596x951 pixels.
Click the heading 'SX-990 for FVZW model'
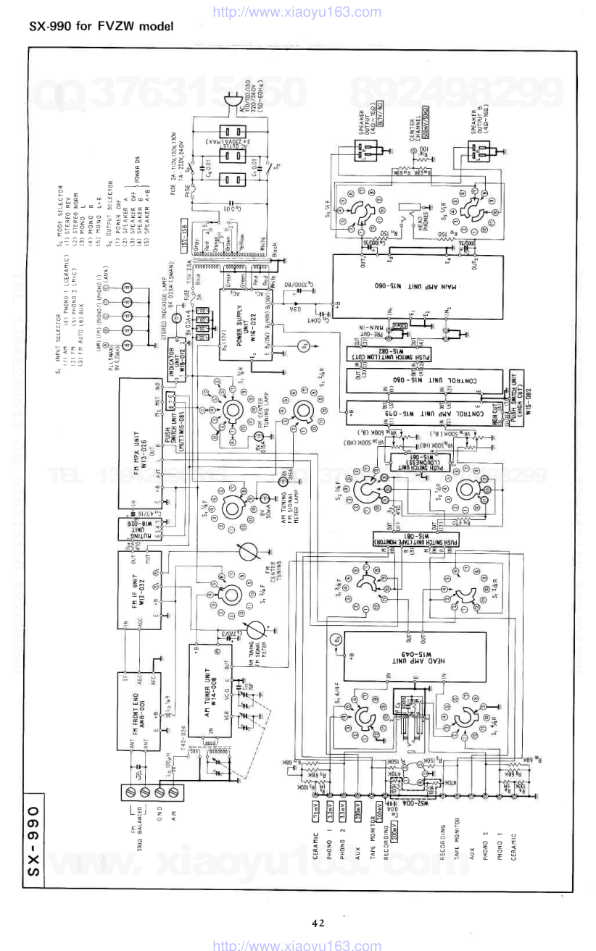point(102,27)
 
